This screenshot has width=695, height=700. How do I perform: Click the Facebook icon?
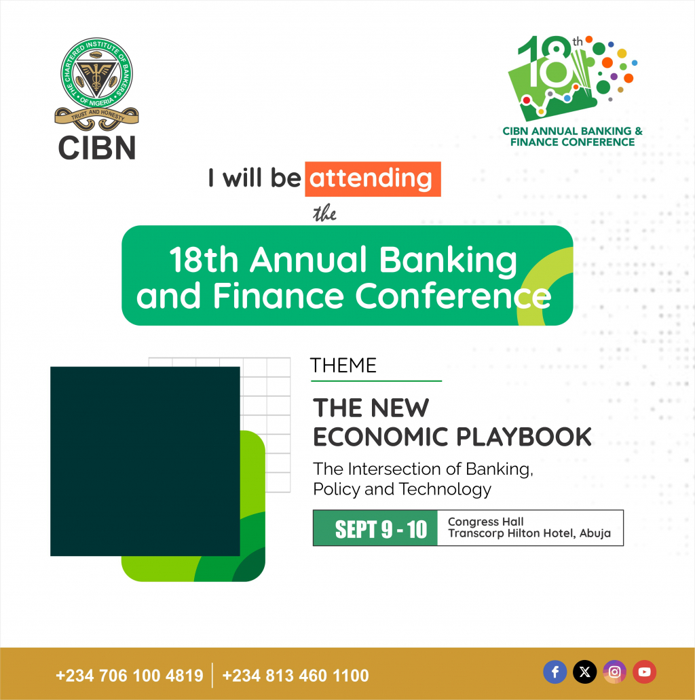[555, 672]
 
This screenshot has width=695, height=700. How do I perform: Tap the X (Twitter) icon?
[584, 672]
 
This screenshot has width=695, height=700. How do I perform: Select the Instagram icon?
[615, 672]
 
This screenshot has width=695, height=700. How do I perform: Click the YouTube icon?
[645, 672]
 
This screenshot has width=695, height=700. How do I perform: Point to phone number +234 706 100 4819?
[130, 676]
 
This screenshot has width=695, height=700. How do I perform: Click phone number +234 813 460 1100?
[296, 676]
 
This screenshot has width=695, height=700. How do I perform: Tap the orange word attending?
[373, 179]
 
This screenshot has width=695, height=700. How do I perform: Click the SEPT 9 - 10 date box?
[375, 528]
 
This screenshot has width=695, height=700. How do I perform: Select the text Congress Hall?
[485, 522]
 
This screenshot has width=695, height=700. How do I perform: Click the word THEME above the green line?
[343, 366]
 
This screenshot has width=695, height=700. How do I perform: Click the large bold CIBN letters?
[97, 148]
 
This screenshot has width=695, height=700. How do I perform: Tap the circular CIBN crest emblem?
[96, 73]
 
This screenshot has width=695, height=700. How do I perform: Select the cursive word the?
[324, 214]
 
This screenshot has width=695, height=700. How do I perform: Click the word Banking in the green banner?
[448, 260]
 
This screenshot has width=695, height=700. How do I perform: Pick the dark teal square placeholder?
[145, 461]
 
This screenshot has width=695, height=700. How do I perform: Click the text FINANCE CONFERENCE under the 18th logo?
[573, 142]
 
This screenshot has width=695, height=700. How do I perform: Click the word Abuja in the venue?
[595, 534]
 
